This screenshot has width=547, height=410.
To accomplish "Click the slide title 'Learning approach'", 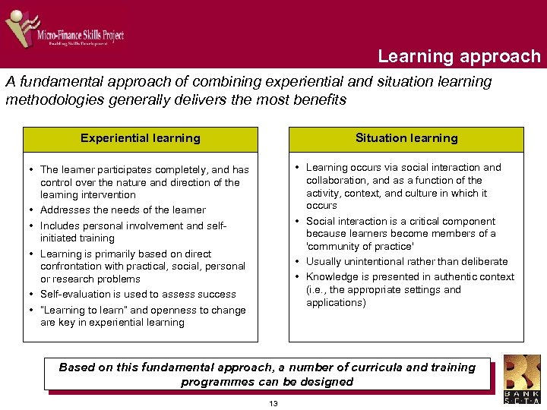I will (459, 57).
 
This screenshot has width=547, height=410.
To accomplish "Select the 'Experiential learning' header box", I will (141, 138).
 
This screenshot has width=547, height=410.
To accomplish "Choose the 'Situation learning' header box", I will (406, 138).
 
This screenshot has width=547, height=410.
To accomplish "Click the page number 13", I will (273, 403).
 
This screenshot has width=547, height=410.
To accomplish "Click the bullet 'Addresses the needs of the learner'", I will (122, 210).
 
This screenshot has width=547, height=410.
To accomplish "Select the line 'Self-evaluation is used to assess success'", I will (138, 295).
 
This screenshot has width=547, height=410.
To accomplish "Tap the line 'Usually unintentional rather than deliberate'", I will (406, 262).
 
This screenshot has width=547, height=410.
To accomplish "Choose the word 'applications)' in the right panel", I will (336, 303).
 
